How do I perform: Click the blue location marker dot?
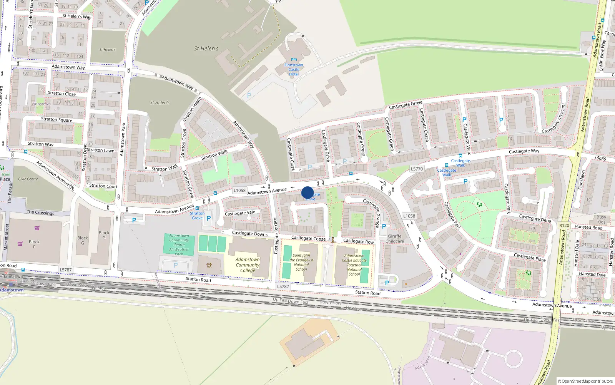[307, 192]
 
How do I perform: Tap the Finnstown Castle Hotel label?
[294, 70]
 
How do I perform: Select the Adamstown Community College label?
[248, 265]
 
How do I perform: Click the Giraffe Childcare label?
[395, 239]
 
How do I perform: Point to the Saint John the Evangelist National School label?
[301, 262]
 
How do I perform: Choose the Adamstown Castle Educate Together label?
[354, 265]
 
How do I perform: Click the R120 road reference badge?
[564, 226]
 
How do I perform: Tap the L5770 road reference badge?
[417, 169]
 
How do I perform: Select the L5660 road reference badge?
[600, 158]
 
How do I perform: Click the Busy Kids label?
[601, 219]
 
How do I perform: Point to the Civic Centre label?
[28, 179]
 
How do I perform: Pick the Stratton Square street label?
[57, 119]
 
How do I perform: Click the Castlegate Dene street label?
[535, 218]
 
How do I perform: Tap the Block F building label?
[34, 244]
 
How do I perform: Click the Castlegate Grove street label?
[406, 104]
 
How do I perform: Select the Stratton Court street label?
[103, 186]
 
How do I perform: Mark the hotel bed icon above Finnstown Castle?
[294, 59]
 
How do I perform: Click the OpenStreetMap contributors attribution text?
[585, 381]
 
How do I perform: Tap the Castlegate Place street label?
[530, 257]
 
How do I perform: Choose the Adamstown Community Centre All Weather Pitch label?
[179, 245]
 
